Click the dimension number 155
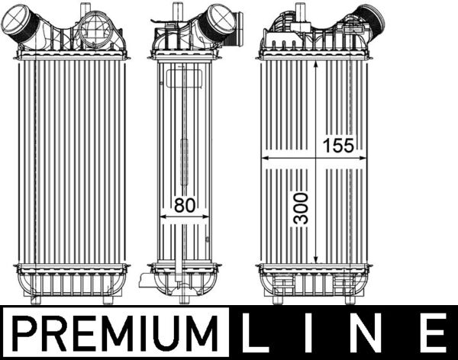(338, 146)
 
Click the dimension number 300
(301, 208)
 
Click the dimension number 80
(185, 205)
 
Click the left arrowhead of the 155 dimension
(265, 158)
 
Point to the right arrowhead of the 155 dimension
(363, 158)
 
